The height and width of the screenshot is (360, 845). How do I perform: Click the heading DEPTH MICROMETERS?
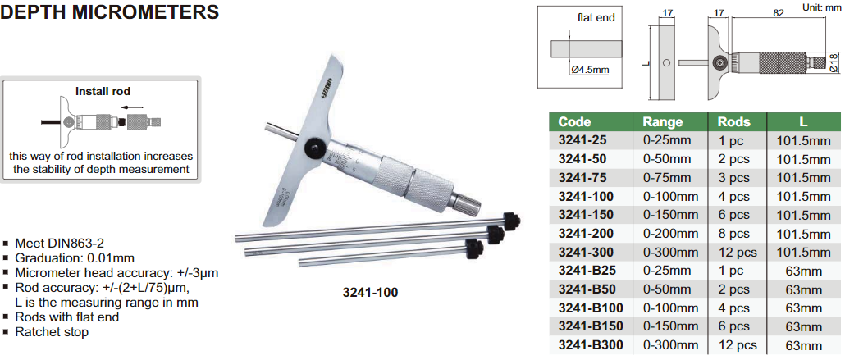[x=109, y=11]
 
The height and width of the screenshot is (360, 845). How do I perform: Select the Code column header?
[x=574, y=122]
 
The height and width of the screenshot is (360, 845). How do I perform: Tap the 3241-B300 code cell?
[x=591, y=345]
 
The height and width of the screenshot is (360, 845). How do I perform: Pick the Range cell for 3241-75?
[x=663, y=178]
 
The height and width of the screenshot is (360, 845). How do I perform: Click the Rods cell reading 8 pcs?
[x=733, y=234]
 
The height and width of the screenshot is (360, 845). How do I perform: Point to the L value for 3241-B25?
[x=803, y=271]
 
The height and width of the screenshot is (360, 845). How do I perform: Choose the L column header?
[x=803, y=122]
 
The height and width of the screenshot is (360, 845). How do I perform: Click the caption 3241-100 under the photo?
[x=370, y=293]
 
